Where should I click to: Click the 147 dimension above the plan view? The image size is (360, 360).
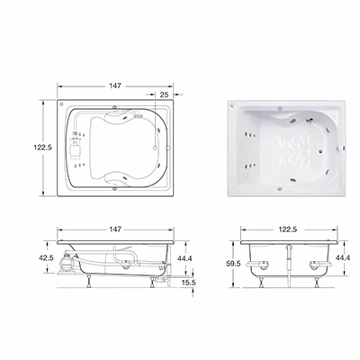click(x=115, y=86)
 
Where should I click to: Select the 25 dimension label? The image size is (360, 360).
click(x=164, y=95)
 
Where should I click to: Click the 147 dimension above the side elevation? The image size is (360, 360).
click(x=115, y=229)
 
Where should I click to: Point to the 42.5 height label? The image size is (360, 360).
click(x=47, y=258)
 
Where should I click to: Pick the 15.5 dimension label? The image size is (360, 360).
click(x=189, y=283)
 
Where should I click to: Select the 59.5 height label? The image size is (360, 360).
click(x=234, y=264)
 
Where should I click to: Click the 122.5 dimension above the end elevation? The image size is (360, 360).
click(x=288, y=229)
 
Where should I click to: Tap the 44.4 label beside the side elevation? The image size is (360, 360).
click(x=184, y=258)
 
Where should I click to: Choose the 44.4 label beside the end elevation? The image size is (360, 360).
click(x=343, y=257)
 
